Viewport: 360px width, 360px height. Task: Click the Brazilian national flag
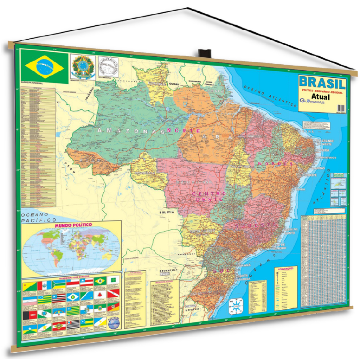tap(44, 66)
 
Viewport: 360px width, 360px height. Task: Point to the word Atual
tap(320, 97)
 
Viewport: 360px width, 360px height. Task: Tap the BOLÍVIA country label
tap(167, 212)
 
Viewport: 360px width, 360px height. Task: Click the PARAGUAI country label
tap(186, 253)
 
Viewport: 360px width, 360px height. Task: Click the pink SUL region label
tap(219, 271)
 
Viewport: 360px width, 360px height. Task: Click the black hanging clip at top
tap(204, 53)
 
